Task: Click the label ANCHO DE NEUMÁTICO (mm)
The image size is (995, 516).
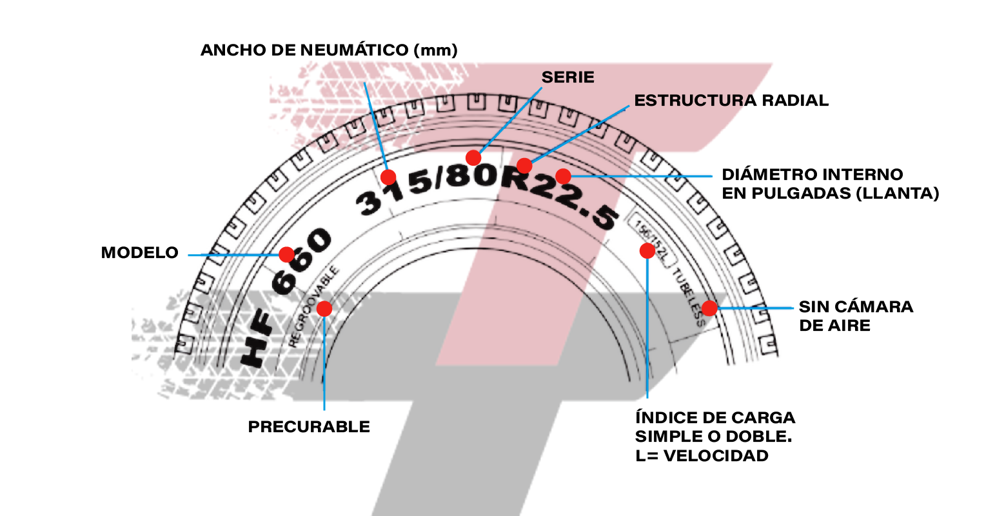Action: [329, 50]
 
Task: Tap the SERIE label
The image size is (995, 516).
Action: [567, 77]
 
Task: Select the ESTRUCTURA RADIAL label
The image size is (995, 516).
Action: [731, 101]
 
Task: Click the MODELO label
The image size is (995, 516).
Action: [139, 252]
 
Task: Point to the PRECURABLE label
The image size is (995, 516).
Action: [309, 426]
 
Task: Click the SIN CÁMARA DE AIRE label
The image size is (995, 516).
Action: [856, 316]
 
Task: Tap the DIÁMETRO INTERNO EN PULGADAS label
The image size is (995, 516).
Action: [830, 184]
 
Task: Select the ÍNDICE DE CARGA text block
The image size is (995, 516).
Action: [715, 437]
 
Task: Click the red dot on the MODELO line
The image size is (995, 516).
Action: [286, 255]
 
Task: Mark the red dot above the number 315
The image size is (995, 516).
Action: [388, 177]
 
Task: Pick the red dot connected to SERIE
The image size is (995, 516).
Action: [473, 157]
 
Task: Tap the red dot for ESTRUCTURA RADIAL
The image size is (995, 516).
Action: [525, 165]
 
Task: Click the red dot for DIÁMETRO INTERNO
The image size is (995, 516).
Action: [563, 176]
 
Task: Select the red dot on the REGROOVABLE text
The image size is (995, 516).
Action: [324, 308]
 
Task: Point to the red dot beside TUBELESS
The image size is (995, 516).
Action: [709, 308]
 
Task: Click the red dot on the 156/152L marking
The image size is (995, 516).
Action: [647, 251]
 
